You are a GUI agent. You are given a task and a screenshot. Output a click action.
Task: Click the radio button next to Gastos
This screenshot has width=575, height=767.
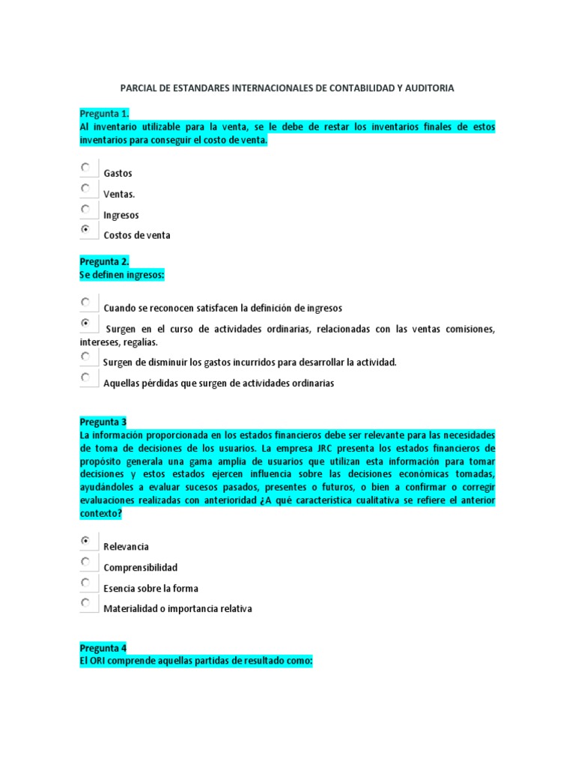[x=87, y=168]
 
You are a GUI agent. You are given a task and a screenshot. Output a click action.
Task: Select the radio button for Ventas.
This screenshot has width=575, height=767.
[x=87, y=189]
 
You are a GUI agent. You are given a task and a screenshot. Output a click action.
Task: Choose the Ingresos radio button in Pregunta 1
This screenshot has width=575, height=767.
[x=87, y=210]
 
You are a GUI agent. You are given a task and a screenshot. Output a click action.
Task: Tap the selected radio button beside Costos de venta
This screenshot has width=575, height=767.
[x=87, y=230]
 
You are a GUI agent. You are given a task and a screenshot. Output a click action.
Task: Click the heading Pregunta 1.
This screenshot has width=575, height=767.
[x=104, y=114]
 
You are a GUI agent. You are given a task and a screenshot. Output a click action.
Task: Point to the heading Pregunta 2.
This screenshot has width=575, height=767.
[x=104, y=261]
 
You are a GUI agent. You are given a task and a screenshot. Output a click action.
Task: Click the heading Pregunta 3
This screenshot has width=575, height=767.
[x=103, y=422]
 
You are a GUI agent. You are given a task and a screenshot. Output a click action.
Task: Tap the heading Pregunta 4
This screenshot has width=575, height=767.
[x=103, y=648]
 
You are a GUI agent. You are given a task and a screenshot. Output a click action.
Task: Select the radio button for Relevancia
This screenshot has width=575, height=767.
[x=87, y=541]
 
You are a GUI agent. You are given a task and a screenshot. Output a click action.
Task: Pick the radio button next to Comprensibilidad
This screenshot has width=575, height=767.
[x=87, y=562]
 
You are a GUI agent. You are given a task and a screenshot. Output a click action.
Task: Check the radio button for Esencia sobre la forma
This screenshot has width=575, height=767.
[x=87, y=583]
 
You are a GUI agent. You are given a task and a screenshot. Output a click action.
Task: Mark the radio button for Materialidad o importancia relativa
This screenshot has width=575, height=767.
[x=87, y=603]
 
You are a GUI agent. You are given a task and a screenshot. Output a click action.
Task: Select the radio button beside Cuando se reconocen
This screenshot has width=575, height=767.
[x=87, y=303]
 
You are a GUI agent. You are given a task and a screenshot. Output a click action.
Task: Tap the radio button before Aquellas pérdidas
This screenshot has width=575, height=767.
[x=87, y=378]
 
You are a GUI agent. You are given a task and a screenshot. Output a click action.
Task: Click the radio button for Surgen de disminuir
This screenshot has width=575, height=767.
[x=87, y=357]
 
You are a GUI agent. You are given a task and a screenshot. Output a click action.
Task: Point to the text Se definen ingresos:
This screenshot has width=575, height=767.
[x=121, y=276]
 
